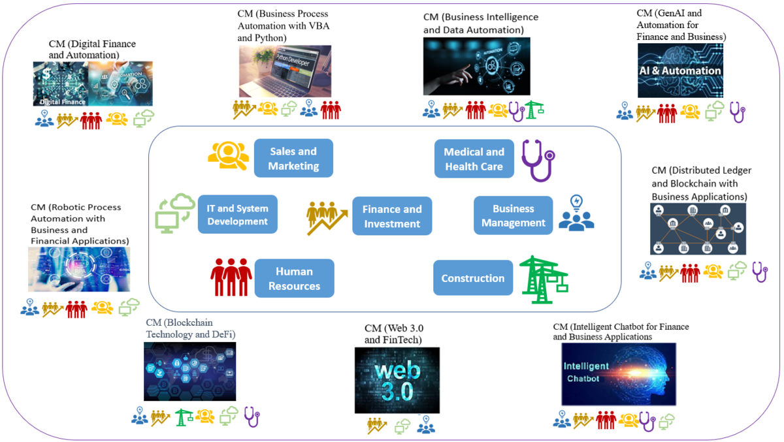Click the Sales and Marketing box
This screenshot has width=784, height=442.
click(293, 158)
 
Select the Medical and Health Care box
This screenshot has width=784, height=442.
click(474, 159)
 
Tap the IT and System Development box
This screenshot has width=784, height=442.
click(237, 214)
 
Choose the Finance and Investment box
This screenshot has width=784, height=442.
click(392, 216)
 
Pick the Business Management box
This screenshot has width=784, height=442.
click(513, 215)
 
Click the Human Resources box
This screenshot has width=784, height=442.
click(294, 278)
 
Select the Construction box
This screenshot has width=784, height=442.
click(472, 278)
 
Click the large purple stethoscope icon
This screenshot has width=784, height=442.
click(538, 160)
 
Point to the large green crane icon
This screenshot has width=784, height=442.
click(542, 279)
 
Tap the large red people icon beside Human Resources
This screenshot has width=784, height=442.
click(231, 277)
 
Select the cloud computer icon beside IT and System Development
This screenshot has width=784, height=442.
click(175, 213)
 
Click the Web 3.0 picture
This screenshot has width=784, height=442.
click(397, 380)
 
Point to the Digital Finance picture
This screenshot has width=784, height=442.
click(93, 84)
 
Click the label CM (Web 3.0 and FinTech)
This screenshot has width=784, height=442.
click(393, 334)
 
